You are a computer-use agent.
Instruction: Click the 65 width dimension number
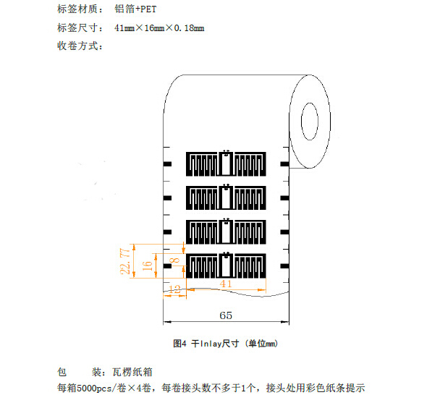pyautogui.click(x=226, y=315)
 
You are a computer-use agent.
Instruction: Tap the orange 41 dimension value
pyautogui.click(x=227, y=284)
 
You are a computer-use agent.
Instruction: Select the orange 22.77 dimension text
pyautogui.click(x=125, y=262)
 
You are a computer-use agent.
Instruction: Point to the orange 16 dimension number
pyautogui.click(x=147, y=266)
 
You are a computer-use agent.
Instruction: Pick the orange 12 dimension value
pyautogui.click(x=174, y=289)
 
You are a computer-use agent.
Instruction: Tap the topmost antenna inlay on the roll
pyautogui.click(x=227, y=164)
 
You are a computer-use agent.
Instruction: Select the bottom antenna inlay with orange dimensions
pyautogui.click(x=227, y=265)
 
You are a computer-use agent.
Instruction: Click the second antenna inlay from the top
pyautogui.click(x=227, y=198)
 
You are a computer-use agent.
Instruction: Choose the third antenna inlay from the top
pyautogui.click(x=227, y=232)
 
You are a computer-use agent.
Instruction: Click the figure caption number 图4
pyautogui.click(x=181, y=344)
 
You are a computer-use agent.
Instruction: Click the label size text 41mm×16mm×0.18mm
pyautogui.click(x=159, y=27)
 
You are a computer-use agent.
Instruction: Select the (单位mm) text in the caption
pyautogui.click(x=262, y=344)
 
